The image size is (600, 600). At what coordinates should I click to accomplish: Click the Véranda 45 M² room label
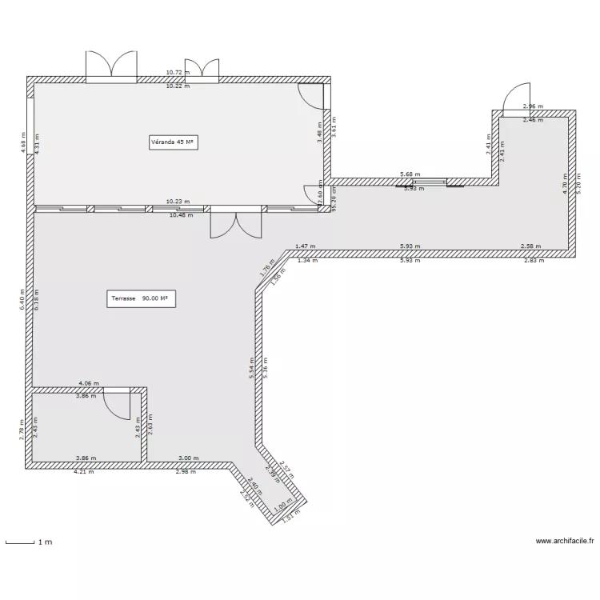coord(174,142)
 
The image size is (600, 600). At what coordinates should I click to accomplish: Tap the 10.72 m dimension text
coord(178,72)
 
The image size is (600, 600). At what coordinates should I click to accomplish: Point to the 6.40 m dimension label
coord(23,300)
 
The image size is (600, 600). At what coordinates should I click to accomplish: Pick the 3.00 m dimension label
coord(188,458)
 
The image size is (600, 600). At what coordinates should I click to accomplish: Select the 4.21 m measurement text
coord(84,472)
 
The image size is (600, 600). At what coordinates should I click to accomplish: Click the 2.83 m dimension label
coord(533,260)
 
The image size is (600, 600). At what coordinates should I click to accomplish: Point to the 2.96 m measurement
coord(533,106)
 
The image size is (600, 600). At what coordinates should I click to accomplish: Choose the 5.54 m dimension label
coord(251,367)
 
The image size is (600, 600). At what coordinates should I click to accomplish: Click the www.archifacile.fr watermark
coord(565,541)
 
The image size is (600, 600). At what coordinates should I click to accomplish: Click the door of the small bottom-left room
coord(118,404)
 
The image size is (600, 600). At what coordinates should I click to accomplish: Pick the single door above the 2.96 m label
coord(516,99)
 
